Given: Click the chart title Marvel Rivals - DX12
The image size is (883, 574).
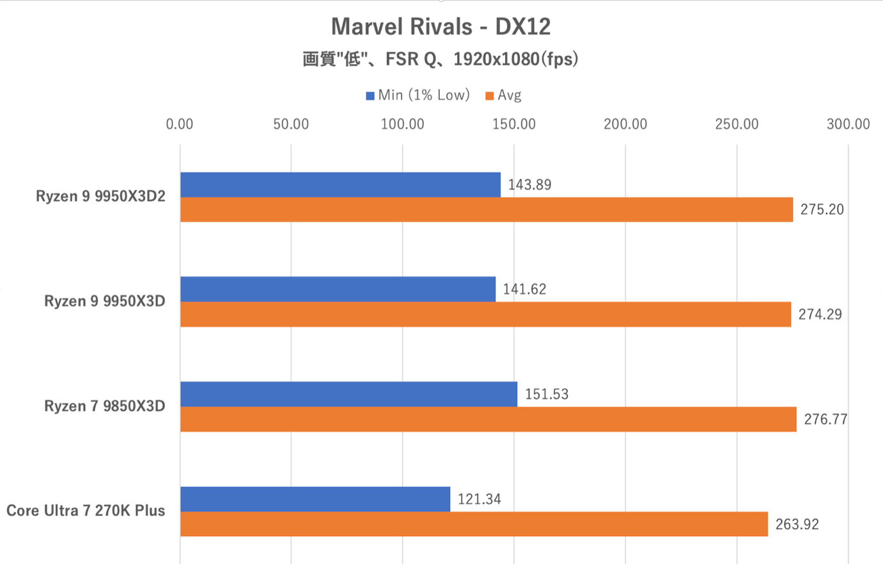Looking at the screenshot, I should tap(441, 26).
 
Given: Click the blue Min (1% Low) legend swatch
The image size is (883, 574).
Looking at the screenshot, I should tap(370, 96).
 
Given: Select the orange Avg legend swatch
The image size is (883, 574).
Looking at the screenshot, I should tap(490, 96).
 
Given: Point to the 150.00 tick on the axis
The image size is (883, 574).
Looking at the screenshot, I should tap(514, 124).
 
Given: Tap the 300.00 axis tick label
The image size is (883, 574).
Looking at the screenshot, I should tap(848, 124).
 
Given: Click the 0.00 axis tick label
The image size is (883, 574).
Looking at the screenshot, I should tap(180, 124).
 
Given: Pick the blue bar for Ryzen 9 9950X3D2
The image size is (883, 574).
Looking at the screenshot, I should tap(340, 185).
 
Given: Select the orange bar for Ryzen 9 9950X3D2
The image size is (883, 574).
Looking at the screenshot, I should tap(487, 210).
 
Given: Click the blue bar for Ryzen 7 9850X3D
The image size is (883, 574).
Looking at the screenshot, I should tap(348, 394).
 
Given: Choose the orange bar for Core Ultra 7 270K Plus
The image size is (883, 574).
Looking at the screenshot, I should tap(474, 524).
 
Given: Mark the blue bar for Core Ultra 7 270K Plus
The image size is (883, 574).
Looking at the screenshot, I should tap(315, 499).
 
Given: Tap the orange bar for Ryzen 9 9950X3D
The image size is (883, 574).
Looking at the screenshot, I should tap(485, 314).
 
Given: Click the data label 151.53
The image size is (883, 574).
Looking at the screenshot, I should tap(547, 394).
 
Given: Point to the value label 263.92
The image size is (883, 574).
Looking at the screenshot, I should tap(797, 525).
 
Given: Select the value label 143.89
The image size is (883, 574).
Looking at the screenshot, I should tap(529, 185).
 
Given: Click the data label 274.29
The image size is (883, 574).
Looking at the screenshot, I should tap(820, 314).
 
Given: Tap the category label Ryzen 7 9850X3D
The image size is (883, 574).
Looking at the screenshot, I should tap(105, 406).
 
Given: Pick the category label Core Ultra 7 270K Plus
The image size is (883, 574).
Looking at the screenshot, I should tap(86, 511).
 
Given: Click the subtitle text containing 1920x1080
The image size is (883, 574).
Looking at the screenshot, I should tap(441, 60).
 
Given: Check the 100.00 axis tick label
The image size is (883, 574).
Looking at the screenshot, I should tap(402, 124).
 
